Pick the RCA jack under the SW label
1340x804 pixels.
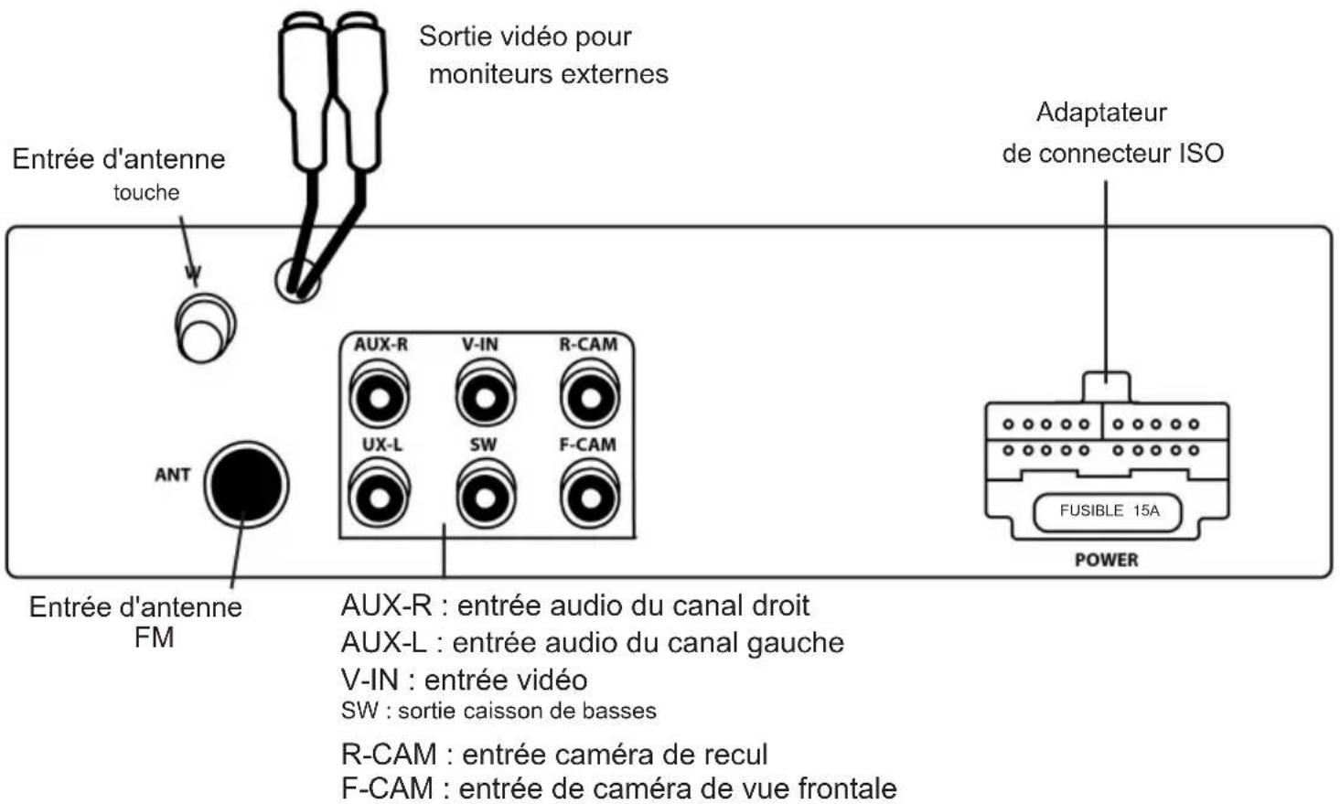click(x=485, y=498)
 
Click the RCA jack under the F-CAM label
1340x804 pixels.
click(x=590, y=498)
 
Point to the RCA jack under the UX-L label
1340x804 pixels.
click(x=379, y=498)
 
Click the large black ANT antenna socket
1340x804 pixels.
click(x=244, y=485)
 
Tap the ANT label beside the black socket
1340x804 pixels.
click(x=172, y=475)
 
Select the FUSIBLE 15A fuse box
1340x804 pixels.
click(x=1108, y=511)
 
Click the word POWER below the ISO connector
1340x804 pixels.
click(x=1106, y=560)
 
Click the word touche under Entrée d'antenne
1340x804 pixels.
click(x=146, y=193)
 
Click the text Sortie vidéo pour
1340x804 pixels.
click(x=525, y=37)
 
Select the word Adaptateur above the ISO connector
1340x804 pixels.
click(x=1101, y=113)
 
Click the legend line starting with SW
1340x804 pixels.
click(x=498, y=711)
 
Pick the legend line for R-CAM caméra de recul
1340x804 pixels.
click(x=554, y=755)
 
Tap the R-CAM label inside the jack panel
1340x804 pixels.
click(x=588, y=345)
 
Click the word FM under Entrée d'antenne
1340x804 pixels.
click(x=154, y=638)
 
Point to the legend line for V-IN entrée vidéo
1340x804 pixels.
click(x=464, y=680)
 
